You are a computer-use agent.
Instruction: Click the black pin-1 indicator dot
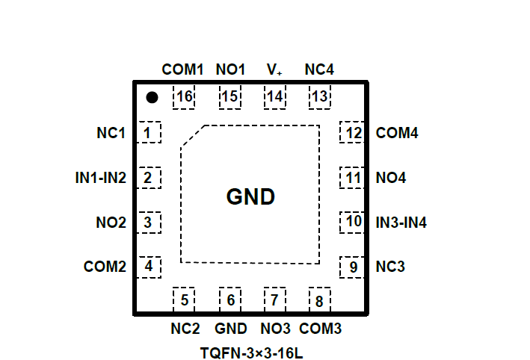point(152,97)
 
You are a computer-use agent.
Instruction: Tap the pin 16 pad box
point(184,97)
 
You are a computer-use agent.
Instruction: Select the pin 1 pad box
point(150,134)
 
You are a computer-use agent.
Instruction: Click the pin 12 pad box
point(352,134)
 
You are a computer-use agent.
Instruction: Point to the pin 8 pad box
point(320,300)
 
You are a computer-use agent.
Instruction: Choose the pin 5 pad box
point(184,300)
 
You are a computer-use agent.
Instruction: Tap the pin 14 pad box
point(275,97)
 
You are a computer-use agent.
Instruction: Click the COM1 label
point(182,69)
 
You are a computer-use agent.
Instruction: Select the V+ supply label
point(274,69)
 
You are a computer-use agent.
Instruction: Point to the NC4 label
point(319,69)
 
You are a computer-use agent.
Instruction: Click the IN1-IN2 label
point(101,179)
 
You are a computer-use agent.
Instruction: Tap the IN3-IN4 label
point(401,223)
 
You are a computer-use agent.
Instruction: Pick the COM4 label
point(397,134)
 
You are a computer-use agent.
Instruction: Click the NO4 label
point(391,179)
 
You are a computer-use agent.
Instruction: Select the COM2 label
point(105,267)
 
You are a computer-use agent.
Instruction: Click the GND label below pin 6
point(230,329)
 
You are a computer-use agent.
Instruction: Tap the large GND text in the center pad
point(250,197)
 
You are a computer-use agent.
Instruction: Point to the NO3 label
point(275,329)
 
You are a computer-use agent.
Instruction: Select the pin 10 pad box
point(352,222)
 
